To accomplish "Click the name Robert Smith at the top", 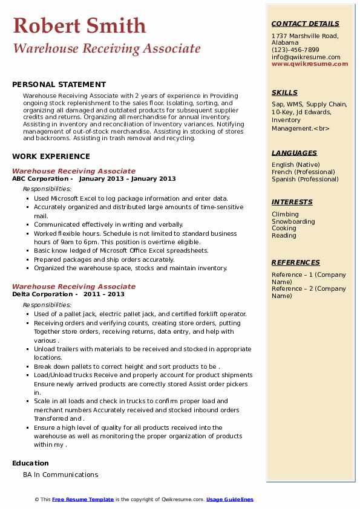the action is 79,25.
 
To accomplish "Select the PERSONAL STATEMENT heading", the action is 59,85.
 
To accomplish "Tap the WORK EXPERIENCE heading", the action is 51,157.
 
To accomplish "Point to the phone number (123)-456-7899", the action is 295,50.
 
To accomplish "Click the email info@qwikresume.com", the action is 306,57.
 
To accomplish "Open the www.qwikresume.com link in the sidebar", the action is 306,64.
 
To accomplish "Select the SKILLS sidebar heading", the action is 284,93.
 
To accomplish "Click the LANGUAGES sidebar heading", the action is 294,154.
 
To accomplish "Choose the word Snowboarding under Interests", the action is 293,221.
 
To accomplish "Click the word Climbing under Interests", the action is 285,214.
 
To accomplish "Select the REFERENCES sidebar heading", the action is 296,263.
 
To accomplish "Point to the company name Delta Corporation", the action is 42,294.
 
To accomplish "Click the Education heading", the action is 30,464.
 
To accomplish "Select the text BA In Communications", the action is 61,475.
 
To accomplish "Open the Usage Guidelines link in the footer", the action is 229,499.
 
